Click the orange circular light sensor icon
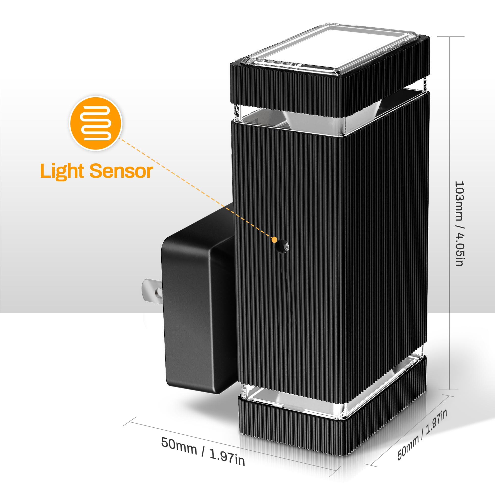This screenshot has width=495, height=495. pyautogui.click(x=96, y=123)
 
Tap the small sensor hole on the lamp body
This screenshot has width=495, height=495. pyautogui.click(x=283, y=247)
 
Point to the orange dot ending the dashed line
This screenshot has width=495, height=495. pyautogui.click(x=274, y=240)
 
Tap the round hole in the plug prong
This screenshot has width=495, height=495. pyautogui.click(x=159, y=292)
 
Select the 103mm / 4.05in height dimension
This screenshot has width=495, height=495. pyautogui.click(x=459, y=224)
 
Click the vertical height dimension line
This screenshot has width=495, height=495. pyautogui.click(x=450, y=213)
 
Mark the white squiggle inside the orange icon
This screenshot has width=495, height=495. pyautogui.click(x=96, y=123)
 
